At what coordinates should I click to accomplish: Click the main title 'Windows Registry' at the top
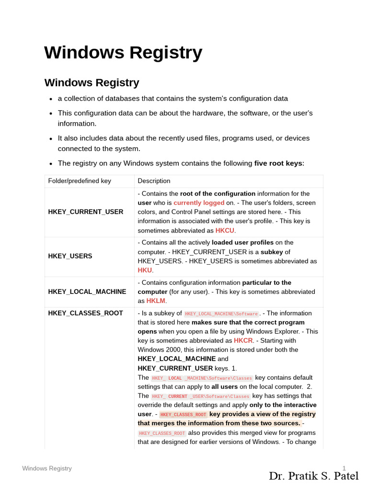click(x=123, y=52)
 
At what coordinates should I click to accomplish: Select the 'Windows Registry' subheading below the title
click(x=92, y=82)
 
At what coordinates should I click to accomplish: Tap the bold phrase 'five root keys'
click(x=278, y=163)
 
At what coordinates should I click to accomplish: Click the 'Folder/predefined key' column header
click(x=80, y=181)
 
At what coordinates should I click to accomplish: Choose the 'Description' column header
click(x=154, y=181)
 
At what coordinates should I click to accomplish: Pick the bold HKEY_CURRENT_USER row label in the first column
click(x=85, y=211)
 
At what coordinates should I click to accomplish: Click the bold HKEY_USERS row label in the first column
click(x=70, y=256)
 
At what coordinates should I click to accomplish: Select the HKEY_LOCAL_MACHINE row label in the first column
click(x=87, y=292)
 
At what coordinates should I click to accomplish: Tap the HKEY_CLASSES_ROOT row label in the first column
click(x=85, y=313)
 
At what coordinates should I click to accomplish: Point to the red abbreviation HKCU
click(x=225, y=231)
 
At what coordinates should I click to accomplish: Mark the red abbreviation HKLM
click(x=156, y=301)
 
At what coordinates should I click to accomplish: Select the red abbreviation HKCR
click(x=243, y=340)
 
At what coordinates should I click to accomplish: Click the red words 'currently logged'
click(x=199, y=203)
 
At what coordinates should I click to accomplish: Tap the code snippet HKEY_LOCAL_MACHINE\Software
click(x=221, y=314)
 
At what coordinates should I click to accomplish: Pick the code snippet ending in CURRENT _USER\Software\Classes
click(x=200, y=397)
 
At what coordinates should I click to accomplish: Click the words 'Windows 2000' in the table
click(x=158, y=350)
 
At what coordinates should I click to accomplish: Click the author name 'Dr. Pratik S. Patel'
click(x=313, y=476)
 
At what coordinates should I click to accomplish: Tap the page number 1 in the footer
click(x=344, y=468)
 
